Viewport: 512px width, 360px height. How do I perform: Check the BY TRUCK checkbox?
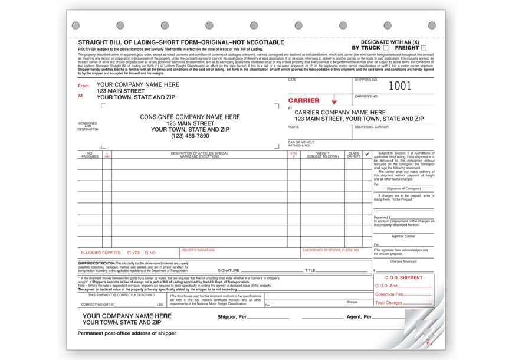(386, 48)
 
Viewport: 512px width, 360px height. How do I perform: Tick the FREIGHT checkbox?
(424, 48)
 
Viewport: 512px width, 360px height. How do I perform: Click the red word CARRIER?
(304, 101)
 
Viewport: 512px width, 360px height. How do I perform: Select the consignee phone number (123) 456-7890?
(190, 136)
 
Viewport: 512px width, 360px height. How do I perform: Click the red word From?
(84, 86)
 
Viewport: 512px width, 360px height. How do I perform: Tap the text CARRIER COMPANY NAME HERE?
(340, 112)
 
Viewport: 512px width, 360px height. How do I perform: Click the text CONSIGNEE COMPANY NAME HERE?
(190, 117)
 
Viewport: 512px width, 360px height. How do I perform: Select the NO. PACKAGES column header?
(90, 155)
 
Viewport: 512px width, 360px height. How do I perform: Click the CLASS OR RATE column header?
(353, 155)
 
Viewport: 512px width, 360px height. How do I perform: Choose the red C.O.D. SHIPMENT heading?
(403, 277)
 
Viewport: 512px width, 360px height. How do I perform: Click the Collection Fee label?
(389, 294)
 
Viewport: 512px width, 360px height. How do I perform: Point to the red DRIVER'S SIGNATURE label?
(198, 250)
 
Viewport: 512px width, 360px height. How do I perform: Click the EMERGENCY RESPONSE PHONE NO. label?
(331, 250)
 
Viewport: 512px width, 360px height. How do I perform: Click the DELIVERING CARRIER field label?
(371, 127)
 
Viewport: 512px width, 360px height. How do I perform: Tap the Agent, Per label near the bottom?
(359, 317)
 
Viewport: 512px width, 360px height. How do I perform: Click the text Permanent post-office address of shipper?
(126, 334)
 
